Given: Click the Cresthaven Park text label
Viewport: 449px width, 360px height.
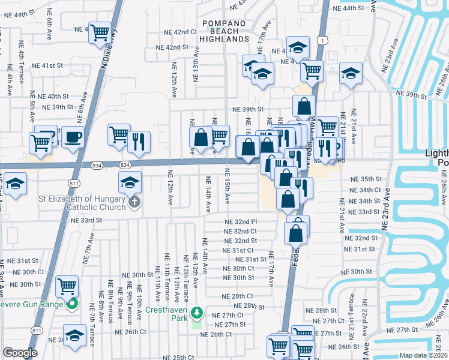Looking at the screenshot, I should point(170,311).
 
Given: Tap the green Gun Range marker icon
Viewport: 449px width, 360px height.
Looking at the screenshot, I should point(73,304).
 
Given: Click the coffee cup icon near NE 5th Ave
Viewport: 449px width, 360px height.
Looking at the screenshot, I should point(73,137).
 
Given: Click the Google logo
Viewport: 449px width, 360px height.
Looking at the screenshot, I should point(20,353).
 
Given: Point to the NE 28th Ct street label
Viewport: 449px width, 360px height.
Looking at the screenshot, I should point(238,296).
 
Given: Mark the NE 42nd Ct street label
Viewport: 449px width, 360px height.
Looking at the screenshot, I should point(181,32).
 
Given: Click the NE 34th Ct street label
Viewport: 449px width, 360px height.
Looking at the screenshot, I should point(365,190).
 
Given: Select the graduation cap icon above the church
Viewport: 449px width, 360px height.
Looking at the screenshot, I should point(130,181).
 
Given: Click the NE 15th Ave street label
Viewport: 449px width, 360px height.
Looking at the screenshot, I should point(227,192).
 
